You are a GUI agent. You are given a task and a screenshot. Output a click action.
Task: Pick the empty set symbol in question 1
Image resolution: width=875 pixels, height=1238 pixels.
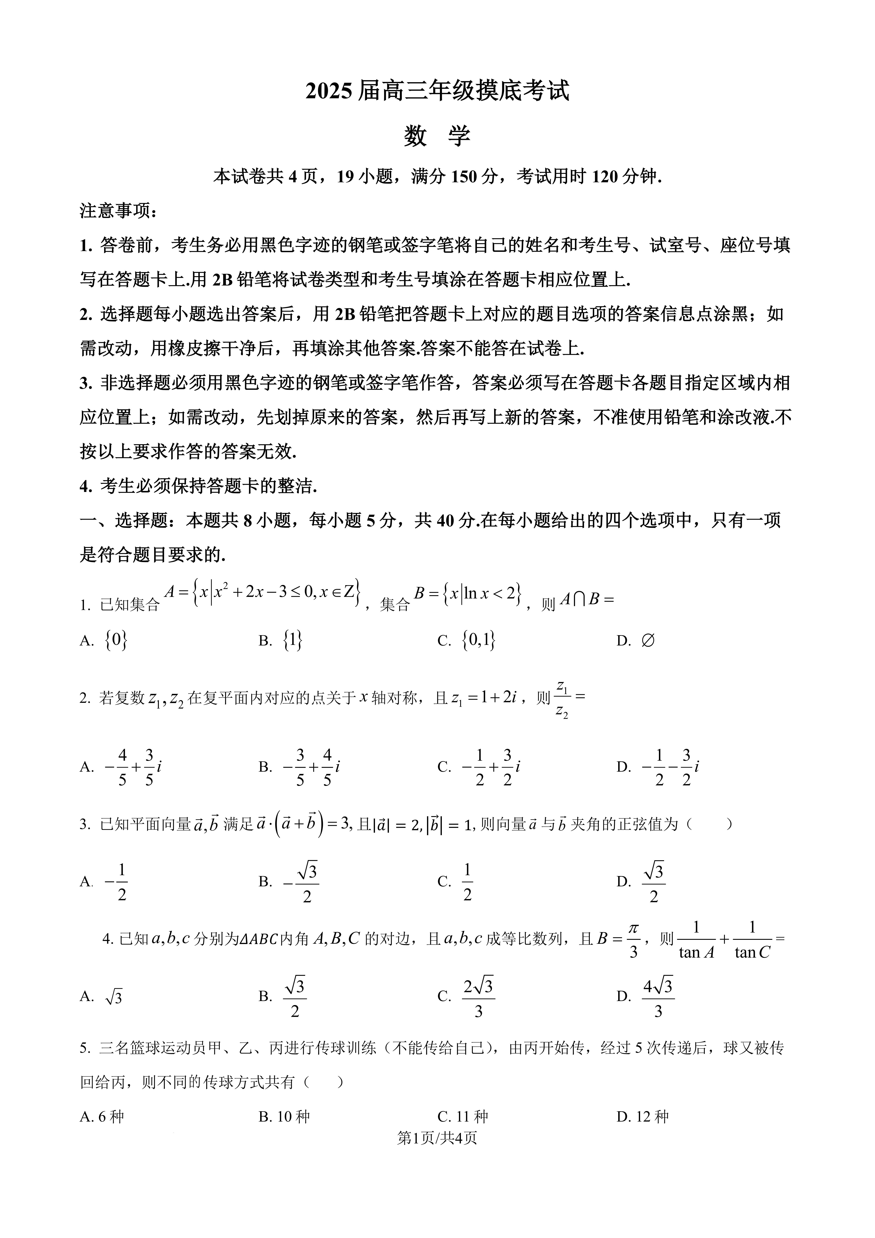648,641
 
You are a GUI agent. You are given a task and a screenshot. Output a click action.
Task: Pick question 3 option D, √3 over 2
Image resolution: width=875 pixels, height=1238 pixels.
653,882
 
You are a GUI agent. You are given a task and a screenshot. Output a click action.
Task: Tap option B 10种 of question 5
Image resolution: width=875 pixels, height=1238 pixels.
284,1117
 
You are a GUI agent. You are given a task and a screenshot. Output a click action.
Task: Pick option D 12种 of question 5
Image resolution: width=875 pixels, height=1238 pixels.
643,1117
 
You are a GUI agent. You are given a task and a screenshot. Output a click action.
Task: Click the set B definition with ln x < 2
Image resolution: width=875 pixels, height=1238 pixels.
468,594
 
